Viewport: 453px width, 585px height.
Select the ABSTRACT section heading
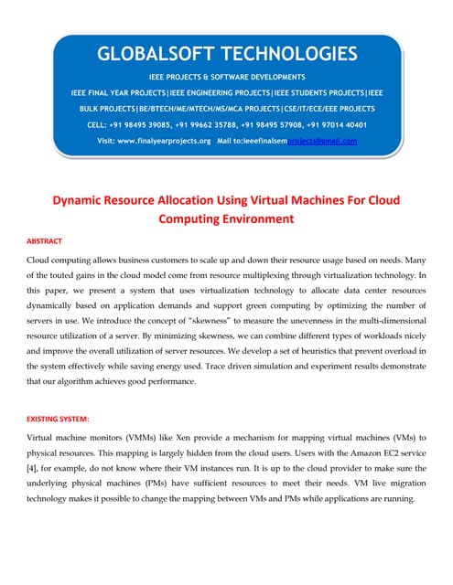pyautogui.click(x=44, y=241)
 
